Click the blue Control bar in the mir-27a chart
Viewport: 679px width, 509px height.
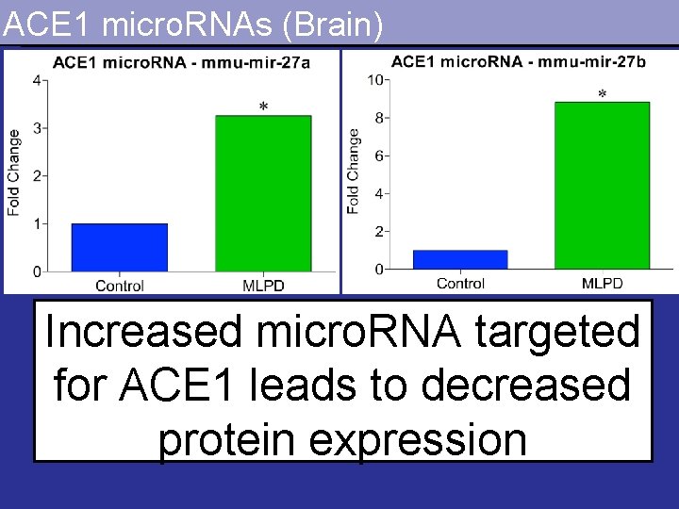pos(120,248)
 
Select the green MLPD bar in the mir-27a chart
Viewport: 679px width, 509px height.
pos(263,193)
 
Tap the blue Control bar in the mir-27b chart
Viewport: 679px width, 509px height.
pos(460,259)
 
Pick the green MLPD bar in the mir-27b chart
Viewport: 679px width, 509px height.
pos(602,185)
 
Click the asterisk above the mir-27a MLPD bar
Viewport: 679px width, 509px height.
pos(263,107)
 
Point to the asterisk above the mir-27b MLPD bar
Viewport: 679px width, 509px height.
pos(602,94)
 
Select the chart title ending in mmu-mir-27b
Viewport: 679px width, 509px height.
pos(519,61)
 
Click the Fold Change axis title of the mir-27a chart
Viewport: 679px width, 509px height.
pos(14,175)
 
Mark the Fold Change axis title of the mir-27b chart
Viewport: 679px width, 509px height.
pos(353,172)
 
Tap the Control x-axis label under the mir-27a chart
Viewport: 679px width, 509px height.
pos(120,286)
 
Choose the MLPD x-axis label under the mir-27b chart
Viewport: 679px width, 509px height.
pos(602,283)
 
